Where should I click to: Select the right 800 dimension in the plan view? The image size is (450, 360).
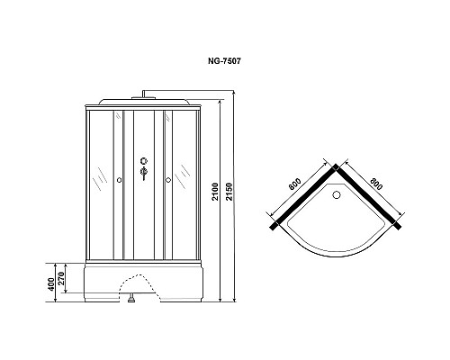[x=376, y=184]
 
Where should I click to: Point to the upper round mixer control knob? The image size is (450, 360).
[x=142, y=163]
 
